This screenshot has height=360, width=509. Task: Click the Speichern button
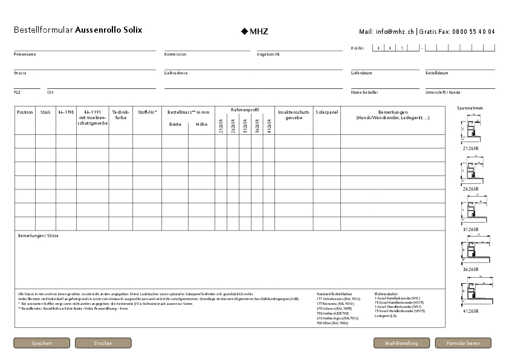pos(42,343)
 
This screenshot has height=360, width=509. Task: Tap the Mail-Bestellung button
pos(401,343)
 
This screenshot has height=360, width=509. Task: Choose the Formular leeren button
pos(463,343)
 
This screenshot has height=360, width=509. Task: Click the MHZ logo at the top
pos(254,31)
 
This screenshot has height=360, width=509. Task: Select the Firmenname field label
pos(25,54)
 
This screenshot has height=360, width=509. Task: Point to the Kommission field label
pos(175,54)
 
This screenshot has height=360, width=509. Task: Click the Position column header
pos(25,112)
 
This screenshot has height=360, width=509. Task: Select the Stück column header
pos(45,112)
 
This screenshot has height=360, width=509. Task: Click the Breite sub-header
pos(175,124)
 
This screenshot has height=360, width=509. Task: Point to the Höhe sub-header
pos(201,124)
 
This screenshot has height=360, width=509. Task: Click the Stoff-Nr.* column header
pos(147,112)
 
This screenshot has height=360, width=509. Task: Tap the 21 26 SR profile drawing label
pos(471,148)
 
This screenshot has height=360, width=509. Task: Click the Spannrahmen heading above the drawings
pos(470,108)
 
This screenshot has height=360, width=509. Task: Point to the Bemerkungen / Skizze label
pos(38,235)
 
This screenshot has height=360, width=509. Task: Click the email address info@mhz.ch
pos(394,31)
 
